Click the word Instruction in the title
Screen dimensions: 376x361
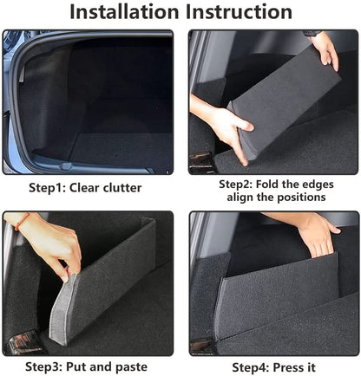238,12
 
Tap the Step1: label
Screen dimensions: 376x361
56,187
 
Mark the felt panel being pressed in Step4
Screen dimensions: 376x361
278,295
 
